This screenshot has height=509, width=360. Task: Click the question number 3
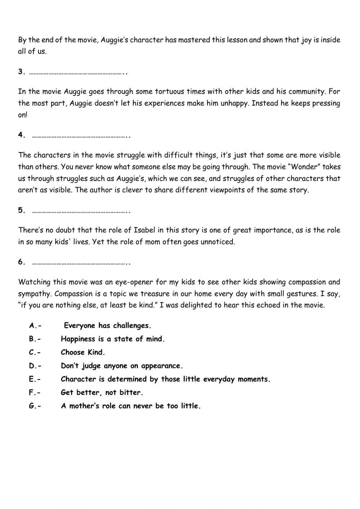(x=21, y=72)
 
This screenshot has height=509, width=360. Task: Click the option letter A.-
(x=35, y=326)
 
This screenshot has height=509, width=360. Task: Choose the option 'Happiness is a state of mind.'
(x=112, y=339)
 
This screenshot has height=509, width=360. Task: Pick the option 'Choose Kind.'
(x=83, y=352)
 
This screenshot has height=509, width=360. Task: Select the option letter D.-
(x=35, y=366)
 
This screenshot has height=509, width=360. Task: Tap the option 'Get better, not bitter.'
(x=102, y=393)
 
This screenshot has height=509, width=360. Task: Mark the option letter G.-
(x=35, y=406)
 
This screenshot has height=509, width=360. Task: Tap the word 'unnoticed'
(x=217, y=242)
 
